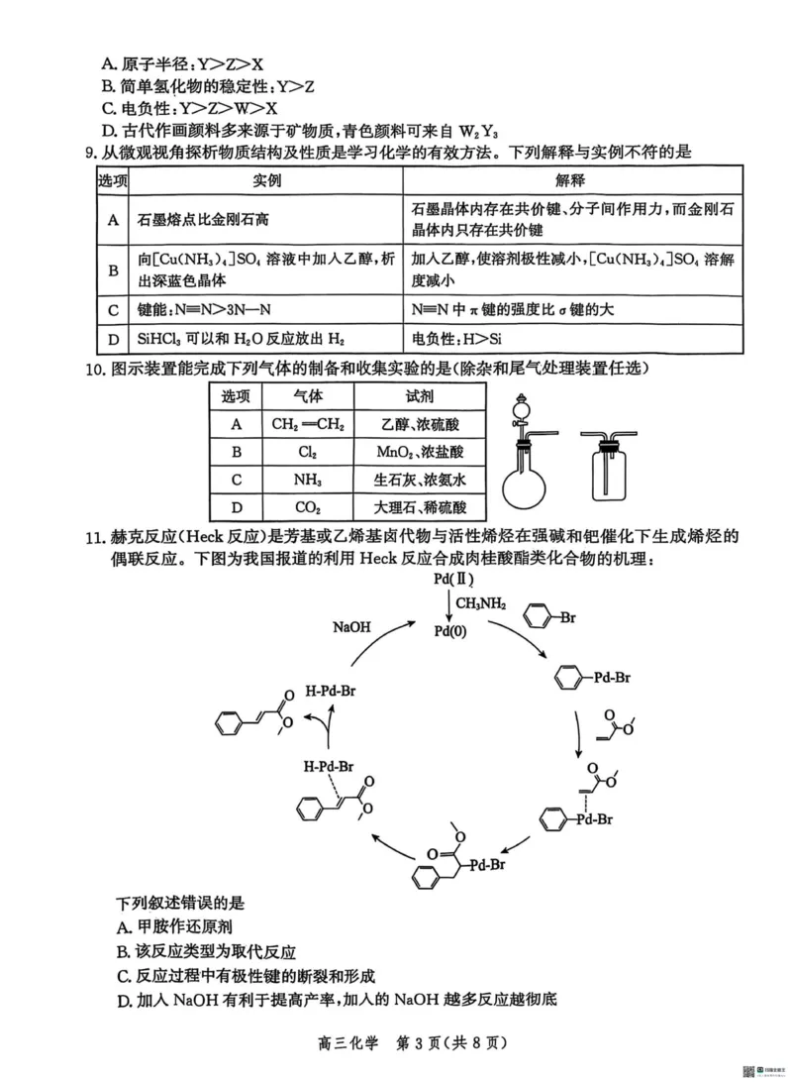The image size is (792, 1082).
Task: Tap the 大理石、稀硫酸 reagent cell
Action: tap(419, 507)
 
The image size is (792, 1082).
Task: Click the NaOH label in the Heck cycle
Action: tap(353, 626)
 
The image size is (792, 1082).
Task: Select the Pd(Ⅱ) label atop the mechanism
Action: tap(456, 578)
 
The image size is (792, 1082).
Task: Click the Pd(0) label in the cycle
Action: tap(456, 629)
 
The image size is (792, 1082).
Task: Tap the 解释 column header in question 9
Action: tap(571, 180)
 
